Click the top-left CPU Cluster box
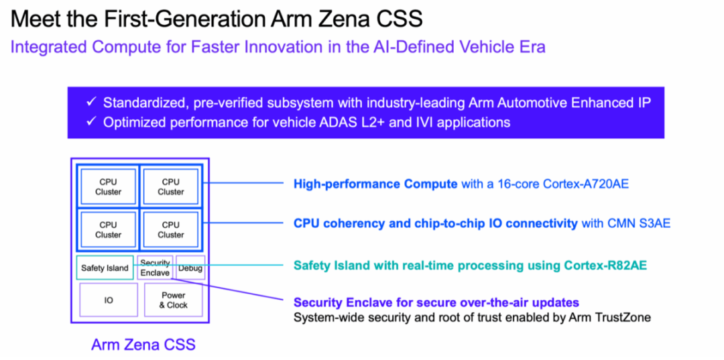(x=108, y=186)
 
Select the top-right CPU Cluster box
(x=171, y=186)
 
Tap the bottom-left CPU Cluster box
(x=108, y=229)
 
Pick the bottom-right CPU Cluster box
(x=171, y=229)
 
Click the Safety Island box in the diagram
(x=105, y=268)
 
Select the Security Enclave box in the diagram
(x=156, y=268)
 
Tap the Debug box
(x=190, y=268)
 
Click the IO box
(x=108, y=300)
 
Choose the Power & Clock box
(x=173, y=300)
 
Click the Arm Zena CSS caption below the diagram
(x=143, y=345)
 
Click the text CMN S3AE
(x=639, y=223)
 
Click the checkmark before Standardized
(x=92, y=103)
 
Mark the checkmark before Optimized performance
(x=92, y=122)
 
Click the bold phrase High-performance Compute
(x=375, y=184)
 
